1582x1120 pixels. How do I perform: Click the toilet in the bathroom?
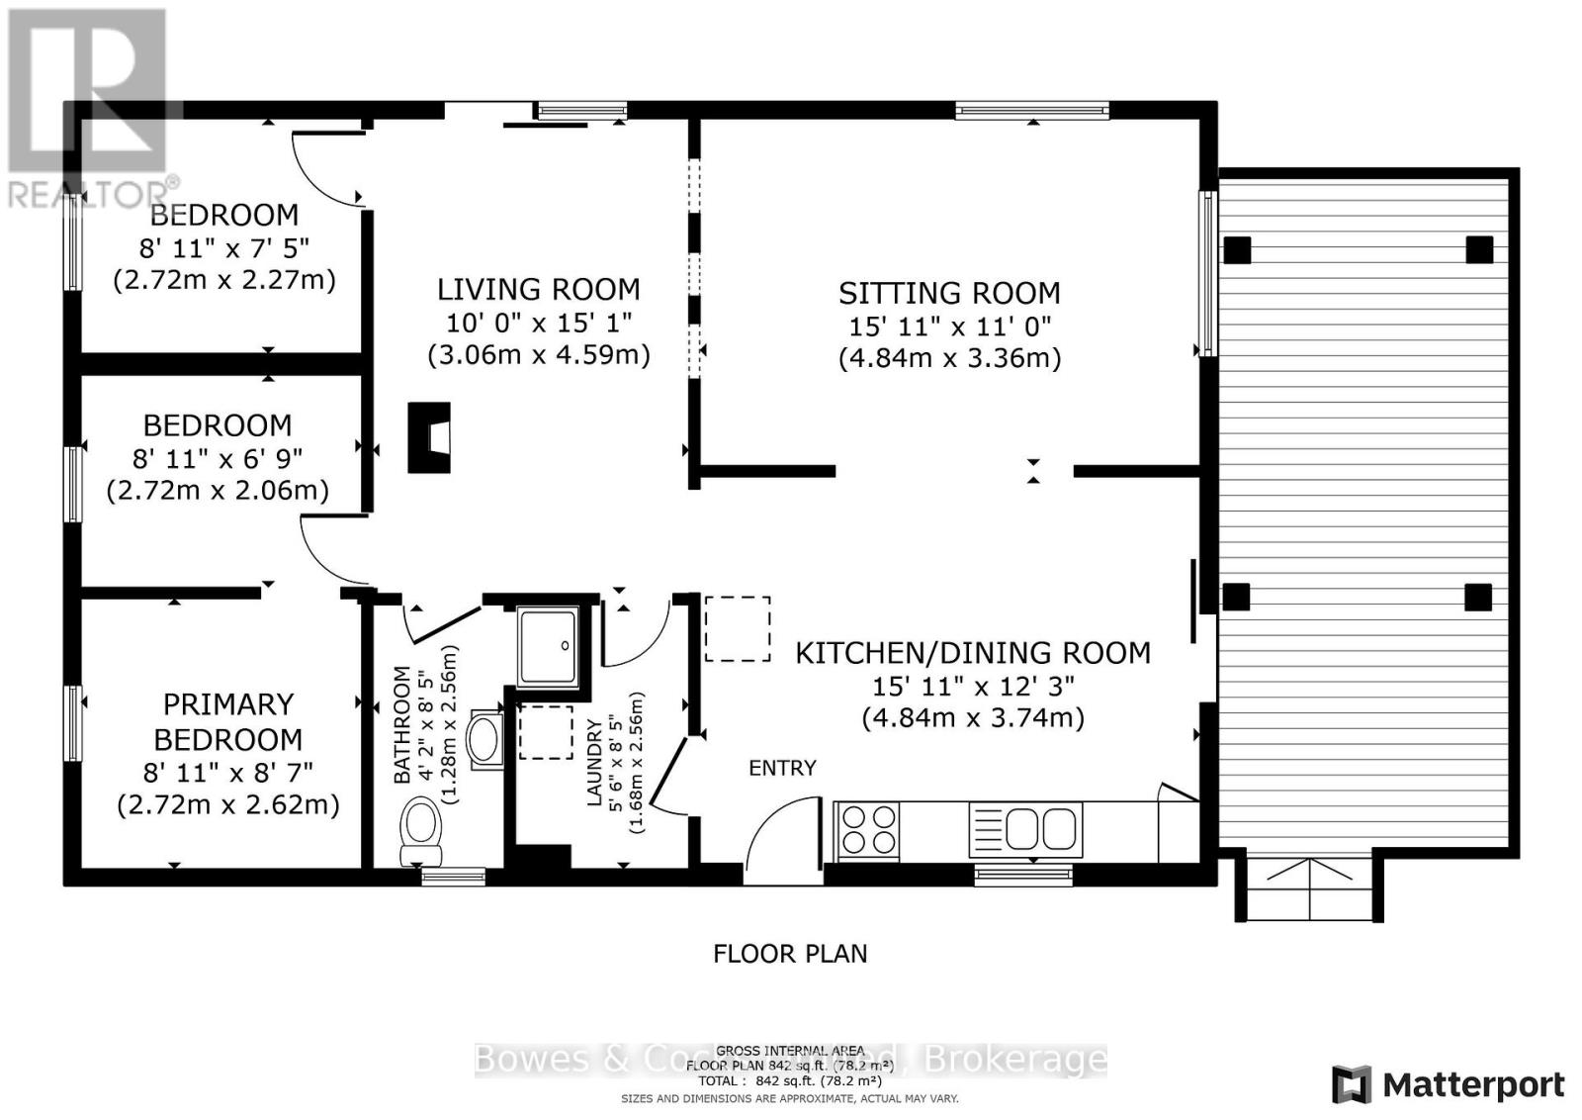[x=421, y=831]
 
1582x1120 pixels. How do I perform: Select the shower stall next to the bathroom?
[x=549, y=645]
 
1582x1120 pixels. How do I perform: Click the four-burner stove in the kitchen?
[x=868, y=829]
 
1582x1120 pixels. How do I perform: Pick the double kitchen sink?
[x=1025, y=829]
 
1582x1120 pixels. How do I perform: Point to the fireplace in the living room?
[x=430, y=436]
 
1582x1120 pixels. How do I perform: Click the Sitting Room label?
[x=949, y=293]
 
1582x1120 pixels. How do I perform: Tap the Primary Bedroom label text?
[x=228, y=722]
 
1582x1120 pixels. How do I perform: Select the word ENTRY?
[x=782, y=768]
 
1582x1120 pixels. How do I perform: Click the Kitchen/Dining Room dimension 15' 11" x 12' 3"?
[x=973, y=686]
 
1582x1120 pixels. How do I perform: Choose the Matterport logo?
[x=1448, y=1085]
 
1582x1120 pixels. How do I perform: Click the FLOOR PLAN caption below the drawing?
[x=790, y=954]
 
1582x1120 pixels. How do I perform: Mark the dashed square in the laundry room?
[x=546, y=732]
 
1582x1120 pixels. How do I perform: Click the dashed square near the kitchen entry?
[x=738, y=629]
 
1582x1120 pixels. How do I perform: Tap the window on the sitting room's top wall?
[x=1031, y=111]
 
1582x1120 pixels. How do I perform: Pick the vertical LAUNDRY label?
[x=594, y=763]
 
